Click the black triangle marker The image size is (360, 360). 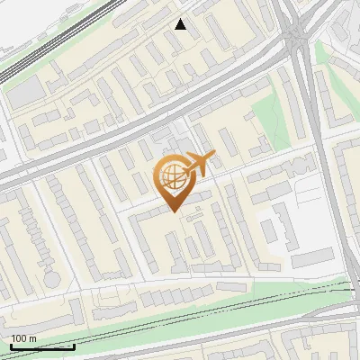[x=181, y=24]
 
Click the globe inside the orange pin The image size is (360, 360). [x=172, y=176]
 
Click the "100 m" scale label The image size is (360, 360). [x=23, y=338]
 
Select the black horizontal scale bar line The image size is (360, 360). [x=41, y=346]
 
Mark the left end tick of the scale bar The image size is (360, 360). [x=10, y=345]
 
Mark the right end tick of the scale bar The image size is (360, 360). [x=74, y=345]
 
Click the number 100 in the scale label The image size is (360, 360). [x=19, y=338]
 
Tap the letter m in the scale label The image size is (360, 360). [x=33, y=338]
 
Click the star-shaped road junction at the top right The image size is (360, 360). [x=294, y=34]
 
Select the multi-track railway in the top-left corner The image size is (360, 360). [x=54, y=40]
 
